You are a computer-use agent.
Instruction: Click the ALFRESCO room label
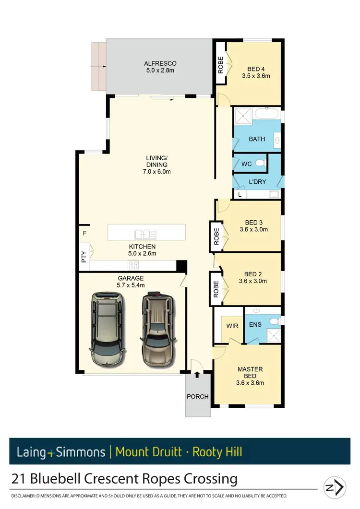click(x=160, y=63)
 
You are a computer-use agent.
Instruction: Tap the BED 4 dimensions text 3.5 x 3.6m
click(x=256, y=76)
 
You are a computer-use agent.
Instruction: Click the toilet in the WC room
click(x=261, y=163)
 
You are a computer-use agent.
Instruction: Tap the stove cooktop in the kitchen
click(x=133, y=265)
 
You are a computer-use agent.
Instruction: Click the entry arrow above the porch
click(x=197, y=374)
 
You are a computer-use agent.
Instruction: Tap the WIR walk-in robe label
click(x=232, y=326)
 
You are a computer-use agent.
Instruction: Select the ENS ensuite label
click(x=255, y=325)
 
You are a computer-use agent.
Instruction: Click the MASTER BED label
click(x=250, y=372)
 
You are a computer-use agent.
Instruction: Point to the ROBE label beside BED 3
click(x=216, y=237)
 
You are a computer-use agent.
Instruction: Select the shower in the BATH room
click(x=243, y=116)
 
